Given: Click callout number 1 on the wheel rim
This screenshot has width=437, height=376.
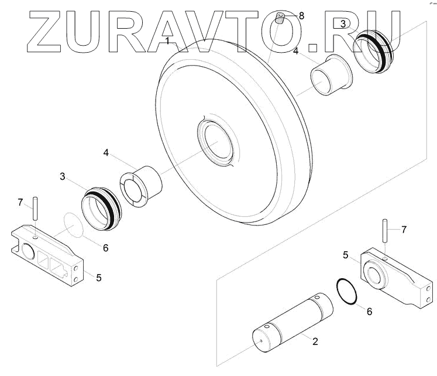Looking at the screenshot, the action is tap(168, 41).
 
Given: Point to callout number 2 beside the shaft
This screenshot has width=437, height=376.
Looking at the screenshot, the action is tap(315, 341).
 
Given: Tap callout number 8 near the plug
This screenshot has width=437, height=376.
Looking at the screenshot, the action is tap(301, 16).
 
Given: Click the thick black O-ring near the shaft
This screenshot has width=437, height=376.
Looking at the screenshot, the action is tap(348, 291).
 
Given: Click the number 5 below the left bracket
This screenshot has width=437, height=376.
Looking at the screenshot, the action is tap(98, 278).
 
